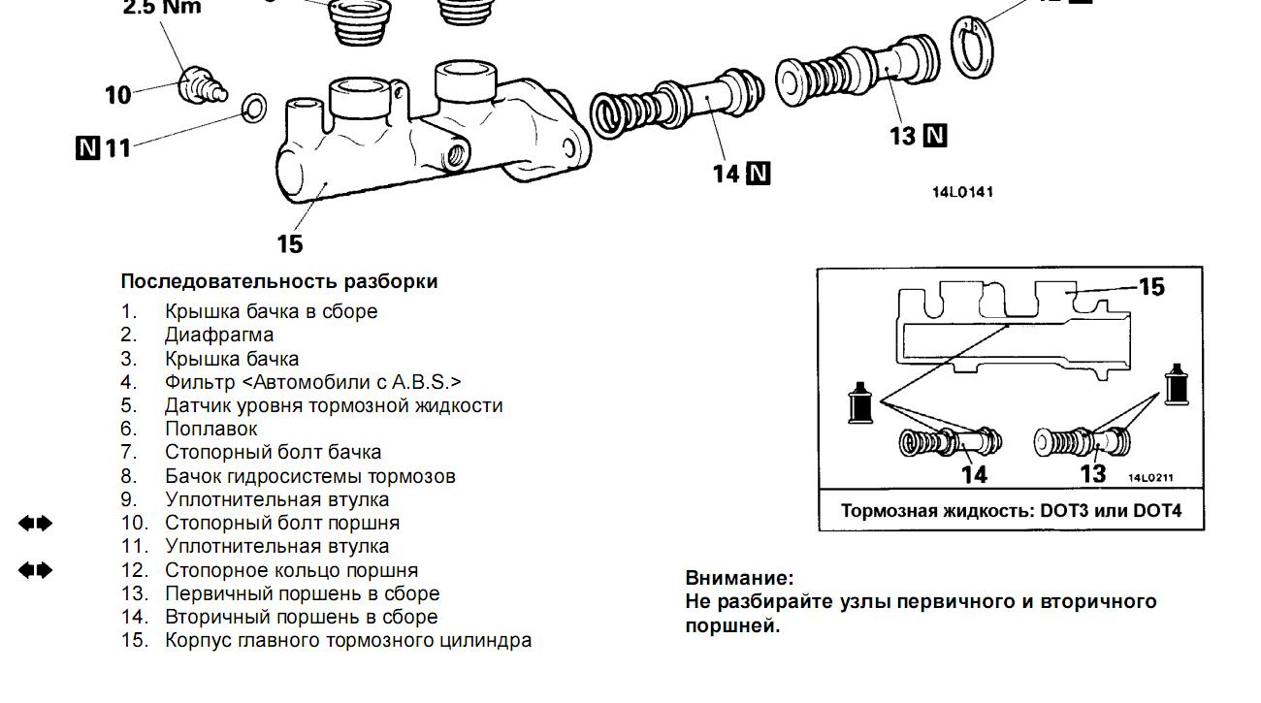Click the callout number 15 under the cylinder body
coord(289,243)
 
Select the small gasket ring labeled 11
coord(254,108)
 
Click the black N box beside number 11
coord(87,147)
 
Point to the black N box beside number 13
coord(935,136)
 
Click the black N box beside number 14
coord(759,175)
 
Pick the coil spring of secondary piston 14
coord(617,113)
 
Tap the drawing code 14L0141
coord(962,192)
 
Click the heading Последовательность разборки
coord(279,281)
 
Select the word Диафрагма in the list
coord(219,335)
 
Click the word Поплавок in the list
coord(211,429)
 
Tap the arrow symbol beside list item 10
coord(36,524)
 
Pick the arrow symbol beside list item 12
coord(36,570)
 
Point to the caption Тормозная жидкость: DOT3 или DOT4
coord(1011,511)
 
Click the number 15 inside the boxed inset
coord(1150,287)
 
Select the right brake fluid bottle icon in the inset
coord(1177,385)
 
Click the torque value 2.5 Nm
coord(162,8)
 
